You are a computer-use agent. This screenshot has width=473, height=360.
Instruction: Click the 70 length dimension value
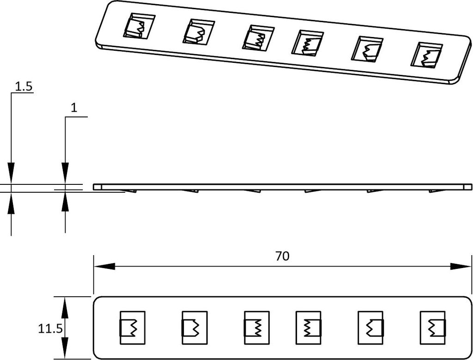(x=282, y=256)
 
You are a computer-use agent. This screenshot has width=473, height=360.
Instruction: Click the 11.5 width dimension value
(x=50, y=328)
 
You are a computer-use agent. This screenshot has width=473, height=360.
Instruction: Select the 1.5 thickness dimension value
(x=23, y=87)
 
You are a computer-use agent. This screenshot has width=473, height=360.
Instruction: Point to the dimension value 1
(x=74, y=108)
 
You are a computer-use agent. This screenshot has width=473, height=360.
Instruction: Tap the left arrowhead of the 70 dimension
(x=104, y=267)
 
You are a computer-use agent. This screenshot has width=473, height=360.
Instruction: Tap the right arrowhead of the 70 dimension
(x=461, y=267)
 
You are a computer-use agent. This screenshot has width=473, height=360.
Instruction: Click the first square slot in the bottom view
(x=133, y=327)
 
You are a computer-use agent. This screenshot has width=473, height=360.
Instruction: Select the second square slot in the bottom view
(x=194, y=327)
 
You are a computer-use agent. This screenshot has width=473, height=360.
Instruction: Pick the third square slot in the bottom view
(x=257, y=327)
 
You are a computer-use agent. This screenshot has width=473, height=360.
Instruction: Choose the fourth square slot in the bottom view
(x=309, y=327)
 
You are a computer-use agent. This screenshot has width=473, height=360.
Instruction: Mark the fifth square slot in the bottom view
(x=371, y=327)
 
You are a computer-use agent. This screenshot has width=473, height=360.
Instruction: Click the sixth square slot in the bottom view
(x=433, y=327)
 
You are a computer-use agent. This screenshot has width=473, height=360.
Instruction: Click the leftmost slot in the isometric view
(x=139, y=26)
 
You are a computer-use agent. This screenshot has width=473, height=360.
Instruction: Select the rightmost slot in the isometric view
(x=427, y=55)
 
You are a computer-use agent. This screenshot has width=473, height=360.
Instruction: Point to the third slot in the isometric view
(x=258, y=38)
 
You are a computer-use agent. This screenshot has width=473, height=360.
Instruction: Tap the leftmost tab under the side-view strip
(x=130, y=191)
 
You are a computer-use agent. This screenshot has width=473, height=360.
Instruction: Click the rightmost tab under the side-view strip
(x=435, y=191)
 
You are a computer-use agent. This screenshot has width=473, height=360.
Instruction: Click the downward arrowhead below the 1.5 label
(x=11, y=173)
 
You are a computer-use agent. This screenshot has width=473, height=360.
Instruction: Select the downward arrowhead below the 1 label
(x=65, y=173)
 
